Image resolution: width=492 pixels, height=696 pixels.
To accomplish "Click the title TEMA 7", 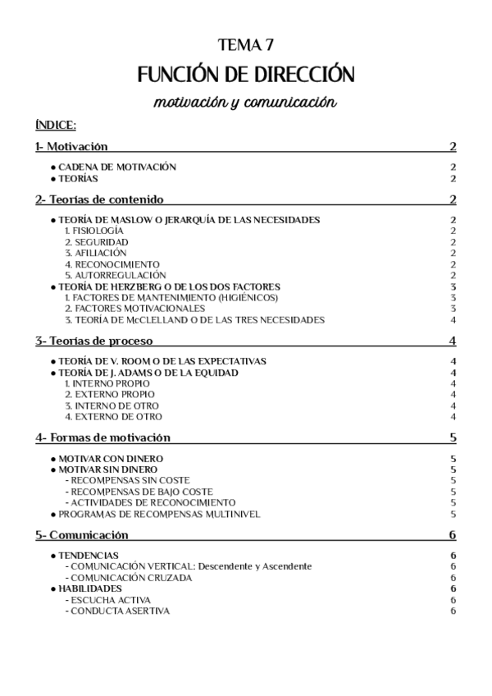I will point(246,44).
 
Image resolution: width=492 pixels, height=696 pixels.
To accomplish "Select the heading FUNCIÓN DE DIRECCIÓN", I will point(246,76).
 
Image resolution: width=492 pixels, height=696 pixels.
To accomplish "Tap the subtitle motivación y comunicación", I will point(246,103).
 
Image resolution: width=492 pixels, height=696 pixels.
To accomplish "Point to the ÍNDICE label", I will point(56,126).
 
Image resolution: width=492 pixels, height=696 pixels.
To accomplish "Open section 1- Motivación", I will point(72,147).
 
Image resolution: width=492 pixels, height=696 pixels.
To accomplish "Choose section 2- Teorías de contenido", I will point(99,199).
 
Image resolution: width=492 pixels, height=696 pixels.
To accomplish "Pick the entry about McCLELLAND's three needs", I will point(194,319).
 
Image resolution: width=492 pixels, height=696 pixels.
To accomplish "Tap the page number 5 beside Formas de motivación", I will point(453,437).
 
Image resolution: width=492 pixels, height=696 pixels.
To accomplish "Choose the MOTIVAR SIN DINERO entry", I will point(109,469).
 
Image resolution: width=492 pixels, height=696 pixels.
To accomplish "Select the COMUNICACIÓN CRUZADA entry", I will point(131,577).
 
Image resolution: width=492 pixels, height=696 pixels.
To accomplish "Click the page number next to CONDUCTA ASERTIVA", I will point(453,611).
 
